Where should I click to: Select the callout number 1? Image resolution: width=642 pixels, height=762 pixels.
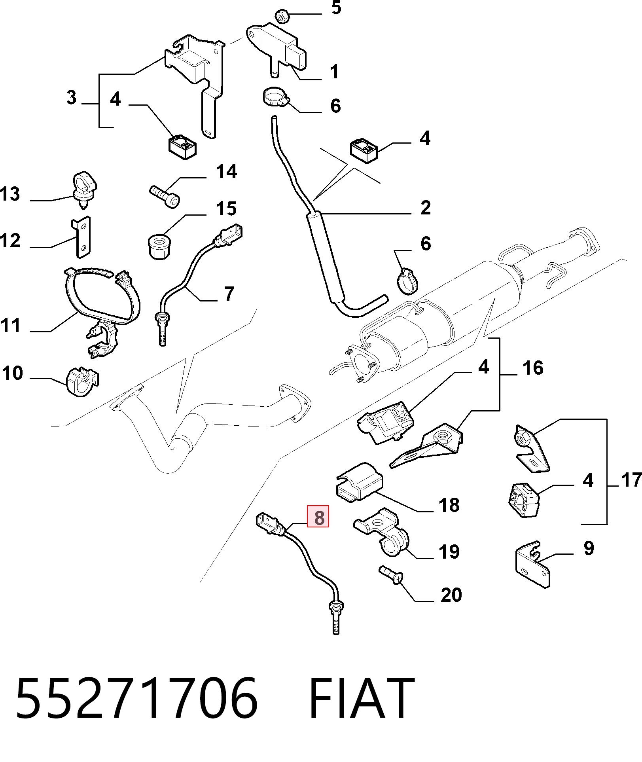coord(334,72)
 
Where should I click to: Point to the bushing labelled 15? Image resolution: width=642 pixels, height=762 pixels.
coord(159,246)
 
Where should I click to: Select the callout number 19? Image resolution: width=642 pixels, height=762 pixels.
coord(449,552)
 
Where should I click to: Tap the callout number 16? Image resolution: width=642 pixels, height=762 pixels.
coord(533,368)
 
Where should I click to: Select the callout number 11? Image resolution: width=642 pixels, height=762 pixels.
coord(10,326)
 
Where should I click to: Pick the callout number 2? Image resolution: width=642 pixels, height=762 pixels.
coord(426,208)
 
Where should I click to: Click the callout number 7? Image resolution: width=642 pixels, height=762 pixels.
coord(229,294)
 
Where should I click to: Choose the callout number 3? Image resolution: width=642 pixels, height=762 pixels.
coord(71,97)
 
